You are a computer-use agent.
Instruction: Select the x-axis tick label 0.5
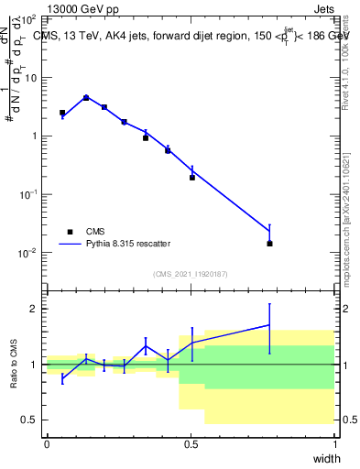pyautogui.click(x=191, y=443)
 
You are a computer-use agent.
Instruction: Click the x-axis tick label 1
pyautogui.click(x=334, y=443)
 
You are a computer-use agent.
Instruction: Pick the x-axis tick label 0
pyautogui.click(x=47, y=443)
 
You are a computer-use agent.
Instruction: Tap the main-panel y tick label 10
pyautogui.click(x=30, y=77)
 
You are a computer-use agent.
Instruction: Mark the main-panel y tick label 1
pyautogui.click(x=33, y=136)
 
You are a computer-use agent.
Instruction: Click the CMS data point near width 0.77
pyautogui.click(x=269, y=244)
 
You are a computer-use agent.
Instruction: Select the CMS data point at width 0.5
pyautogui.click(x=192, y=177)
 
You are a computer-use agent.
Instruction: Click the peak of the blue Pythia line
pyautogui.click(x=86, y=97)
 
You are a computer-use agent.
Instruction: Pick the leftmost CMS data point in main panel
pyautogui.click(x=62, y=113)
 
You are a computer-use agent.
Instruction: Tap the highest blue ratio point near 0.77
pyautogui.click(x=269, y=325)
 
